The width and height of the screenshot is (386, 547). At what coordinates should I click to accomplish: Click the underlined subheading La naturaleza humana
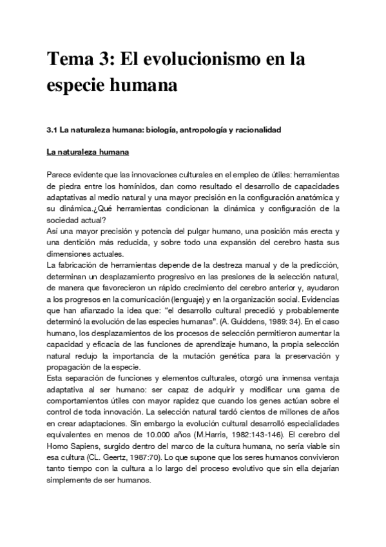pyautogui.click(x=88, y=153)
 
